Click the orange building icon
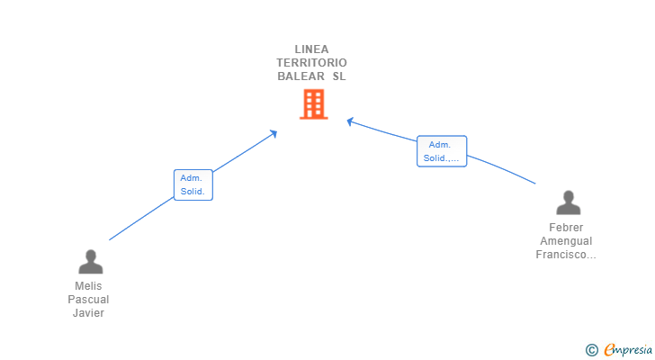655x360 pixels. click(x=312, y=105)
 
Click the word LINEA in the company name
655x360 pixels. click(x=311, y=49)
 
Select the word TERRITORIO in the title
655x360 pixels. click(x=311, y=63)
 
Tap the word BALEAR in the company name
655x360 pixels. click(x=301, y=76)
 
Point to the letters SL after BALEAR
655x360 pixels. click(x=338, y=76)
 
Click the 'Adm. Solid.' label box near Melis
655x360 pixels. click(x=193, y=184)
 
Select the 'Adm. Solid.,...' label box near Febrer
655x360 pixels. click(x=441, y=151)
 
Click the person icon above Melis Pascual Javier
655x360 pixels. click(x=90, y=262)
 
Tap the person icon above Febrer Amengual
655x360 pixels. click(x=568, y=203)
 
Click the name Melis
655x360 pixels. click(x=88, y=286)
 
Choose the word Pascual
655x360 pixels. click(x=88, y=300)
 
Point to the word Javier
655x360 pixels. click(x=88, y=313)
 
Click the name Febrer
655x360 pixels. click(x=566, y=228)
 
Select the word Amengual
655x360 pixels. click(x=566, y=241)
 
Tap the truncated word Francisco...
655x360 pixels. click(x=566, y=255)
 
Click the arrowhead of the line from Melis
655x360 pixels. click(x=274, y=133)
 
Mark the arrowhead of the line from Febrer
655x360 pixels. click(x=350, y=121)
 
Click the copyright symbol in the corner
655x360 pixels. click(x=591, y=350)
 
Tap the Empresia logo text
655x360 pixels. click(x=628, y=350)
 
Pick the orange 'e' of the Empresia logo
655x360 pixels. click(x=609, y=350)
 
